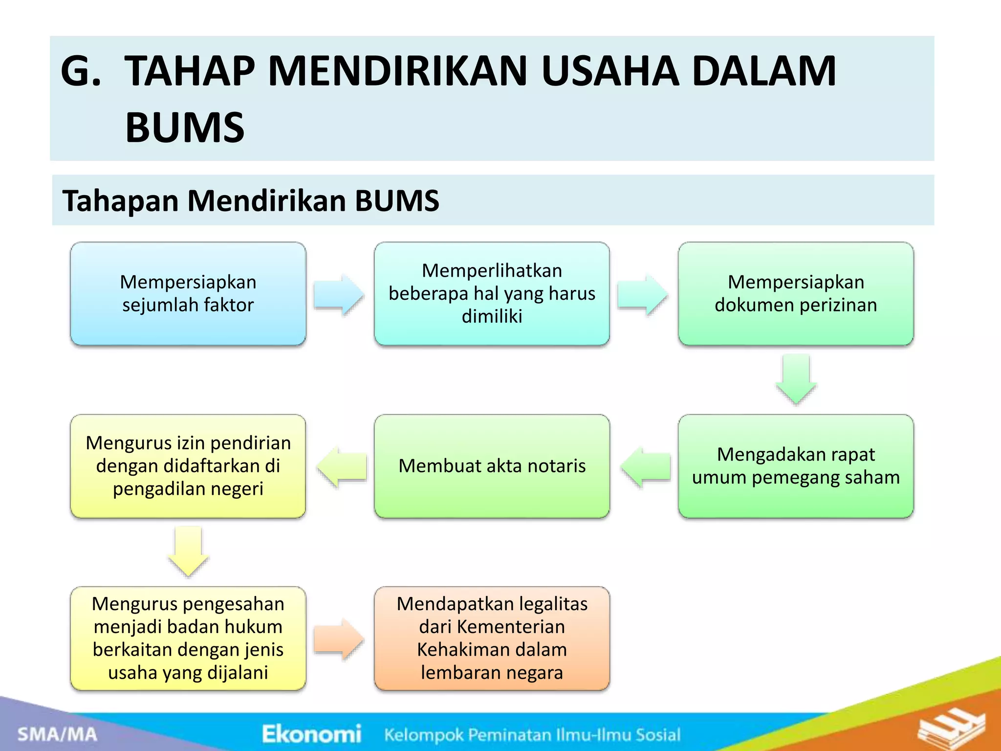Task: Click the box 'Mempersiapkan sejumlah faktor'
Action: pyautogui.click(x=188, y=294)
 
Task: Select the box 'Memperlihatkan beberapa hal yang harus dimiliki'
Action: pyautogui.click(x=492, y=294)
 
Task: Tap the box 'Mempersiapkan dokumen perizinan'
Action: pyautogui.click(x=796, y=294)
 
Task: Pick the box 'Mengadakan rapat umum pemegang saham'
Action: pyautogui.click(x=796, y=466)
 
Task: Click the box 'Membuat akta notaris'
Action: pyautogui.click(x=492, y=466)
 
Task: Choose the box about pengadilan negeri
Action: pyautogui.click(x=188, y=466)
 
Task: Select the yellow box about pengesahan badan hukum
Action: pyautogui.click(x=188, y=638)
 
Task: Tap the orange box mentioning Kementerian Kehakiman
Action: pyautogui.click(x=492, y=638)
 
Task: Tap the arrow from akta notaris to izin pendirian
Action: pyautogui.click(x=342, y=467)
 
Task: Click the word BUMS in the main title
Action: pyautogui.click(x=185, y=128)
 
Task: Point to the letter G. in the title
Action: pyautogui.click(x=81, y=71)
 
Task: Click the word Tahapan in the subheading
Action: pyautogui.click(x=120, y=201)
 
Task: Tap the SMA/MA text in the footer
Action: pyautogui.click(x=58, y=734)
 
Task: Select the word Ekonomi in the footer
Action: pyautogui.click(x=311, y=734)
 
